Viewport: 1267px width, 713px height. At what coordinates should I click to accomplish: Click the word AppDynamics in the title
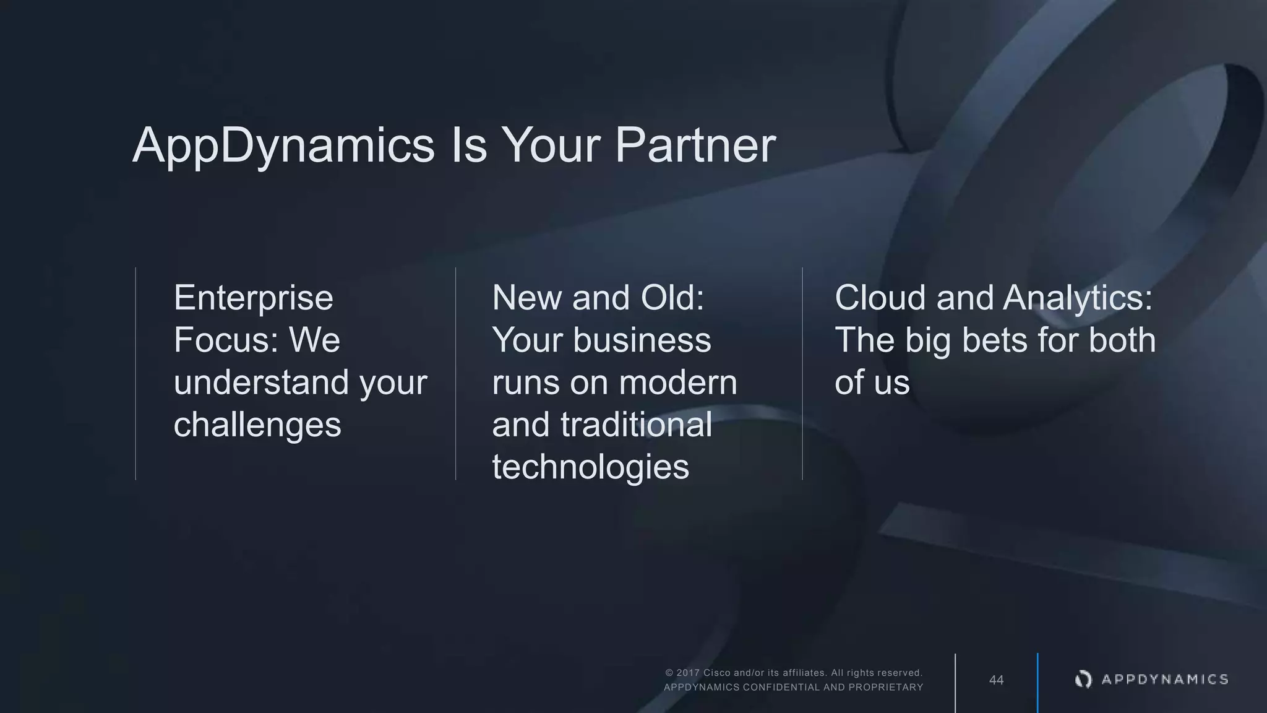(284, 146)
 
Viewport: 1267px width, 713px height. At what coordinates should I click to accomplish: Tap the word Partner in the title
(695, 146)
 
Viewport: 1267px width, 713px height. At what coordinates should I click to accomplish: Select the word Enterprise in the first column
(254, 298)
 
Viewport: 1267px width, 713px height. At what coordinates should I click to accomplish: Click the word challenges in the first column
(257, 425)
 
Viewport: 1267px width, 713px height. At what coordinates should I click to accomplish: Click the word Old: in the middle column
(672, 298)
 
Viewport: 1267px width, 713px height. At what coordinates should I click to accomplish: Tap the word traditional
(636, 425)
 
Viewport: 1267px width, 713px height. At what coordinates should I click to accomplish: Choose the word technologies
(590, 467)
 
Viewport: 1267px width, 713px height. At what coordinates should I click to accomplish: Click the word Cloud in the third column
(880, 298)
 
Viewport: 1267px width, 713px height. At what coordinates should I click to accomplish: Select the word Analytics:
(1078, 298)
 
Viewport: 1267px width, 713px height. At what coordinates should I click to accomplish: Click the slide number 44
(996, 680)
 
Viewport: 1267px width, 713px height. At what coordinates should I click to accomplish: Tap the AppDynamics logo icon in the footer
(1083, 680)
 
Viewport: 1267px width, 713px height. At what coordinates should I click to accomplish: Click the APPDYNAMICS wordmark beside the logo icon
(1165, 680)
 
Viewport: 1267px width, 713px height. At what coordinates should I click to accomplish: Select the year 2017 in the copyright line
(688, 673)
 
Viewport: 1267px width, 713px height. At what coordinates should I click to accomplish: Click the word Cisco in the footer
(717, 673)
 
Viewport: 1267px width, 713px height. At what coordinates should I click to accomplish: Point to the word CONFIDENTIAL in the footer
(781, 687)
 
